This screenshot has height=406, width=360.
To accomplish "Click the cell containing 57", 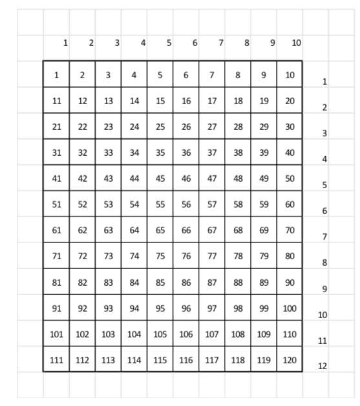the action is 211,204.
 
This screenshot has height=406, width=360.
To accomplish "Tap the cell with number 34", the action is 134,152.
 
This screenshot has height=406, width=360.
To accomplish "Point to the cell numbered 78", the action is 237,255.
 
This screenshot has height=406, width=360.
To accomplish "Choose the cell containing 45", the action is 160,178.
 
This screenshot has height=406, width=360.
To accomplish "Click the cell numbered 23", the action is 108,126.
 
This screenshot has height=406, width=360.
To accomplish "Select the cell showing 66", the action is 185,230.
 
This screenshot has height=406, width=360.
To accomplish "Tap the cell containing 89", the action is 263,281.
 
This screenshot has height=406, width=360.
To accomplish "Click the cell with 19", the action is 263,100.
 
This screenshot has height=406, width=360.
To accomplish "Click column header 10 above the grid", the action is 296,43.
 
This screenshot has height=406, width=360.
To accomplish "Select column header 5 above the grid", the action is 169,43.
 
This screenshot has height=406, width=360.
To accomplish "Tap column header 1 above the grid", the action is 65,43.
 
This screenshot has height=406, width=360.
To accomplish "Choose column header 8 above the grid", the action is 246,43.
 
